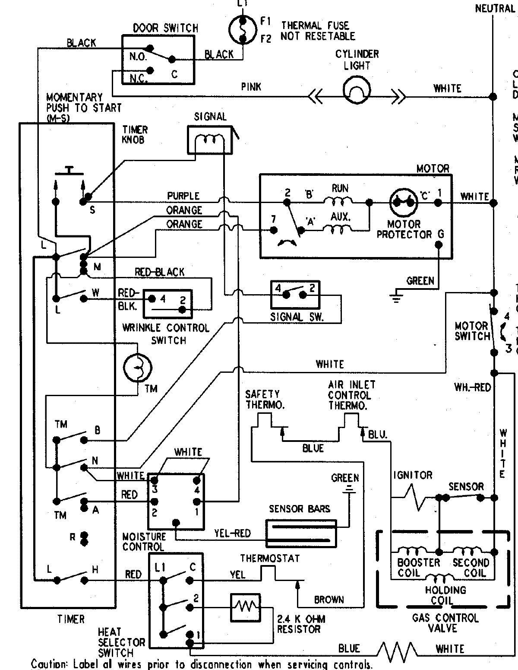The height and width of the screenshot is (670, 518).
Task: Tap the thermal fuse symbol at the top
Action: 242,30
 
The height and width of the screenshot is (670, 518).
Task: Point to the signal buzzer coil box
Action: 210,140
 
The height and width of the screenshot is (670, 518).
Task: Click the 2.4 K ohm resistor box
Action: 245,608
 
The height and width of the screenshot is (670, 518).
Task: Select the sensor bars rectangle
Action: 301,533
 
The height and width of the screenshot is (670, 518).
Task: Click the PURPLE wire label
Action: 183,196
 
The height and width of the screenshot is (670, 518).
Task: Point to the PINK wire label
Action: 251,87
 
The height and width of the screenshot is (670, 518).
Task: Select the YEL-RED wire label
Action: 232,533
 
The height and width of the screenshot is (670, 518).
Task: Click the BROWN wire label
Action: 329,600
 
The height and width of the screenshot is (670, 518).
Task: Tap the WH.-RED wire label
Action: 473,387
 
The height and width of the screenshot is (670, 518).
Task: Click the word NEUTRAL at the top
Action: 495,8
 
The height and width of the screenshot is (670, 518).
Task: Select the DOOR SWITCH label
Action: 165,29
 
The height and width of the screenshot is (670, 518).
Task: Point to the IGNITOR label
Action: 413,475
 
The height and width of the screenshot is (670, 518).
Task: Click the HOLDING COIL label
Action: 445,595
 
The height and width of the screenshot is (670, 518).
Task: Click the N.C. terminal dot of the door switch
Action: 150,70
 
